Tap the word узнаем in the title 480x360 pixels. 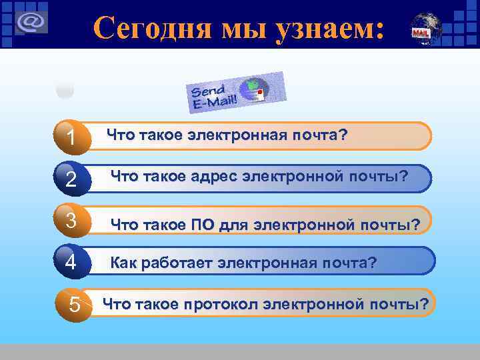point(325,28)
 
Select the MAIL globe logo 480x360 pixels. point(421,29)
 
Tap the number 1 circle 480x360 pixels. point(71,138)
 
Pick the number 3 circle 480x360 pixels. point(71,220)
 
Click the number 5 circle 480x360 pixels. point(75,305)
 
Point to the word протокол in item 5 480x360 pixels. point(221,305)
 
